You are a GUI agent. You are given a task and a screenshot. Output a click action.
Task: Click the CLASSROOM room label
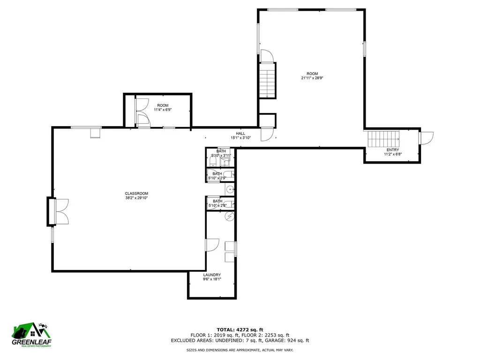click(136, 194)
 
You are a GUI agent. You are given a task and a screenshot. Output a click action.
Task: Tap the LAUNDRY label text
click(212, 275)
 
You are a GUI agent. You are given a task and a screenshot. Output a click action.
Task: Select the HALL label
click(240, 134)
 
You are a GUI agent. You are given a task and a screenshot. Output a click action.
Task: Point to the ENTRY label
click(392, 150)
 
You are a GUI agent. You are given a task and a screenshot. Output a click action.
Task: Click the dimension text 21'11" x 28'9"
click(312, 78)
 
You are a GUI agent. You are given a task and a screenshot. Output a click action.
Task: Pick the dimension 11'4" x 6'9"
click(163, 110)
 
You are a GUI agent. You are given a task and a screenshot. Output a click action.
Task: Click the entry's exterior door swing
click(426, 139)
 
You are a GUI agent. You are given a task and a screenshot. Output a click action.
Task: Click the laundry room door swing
click(212, 245)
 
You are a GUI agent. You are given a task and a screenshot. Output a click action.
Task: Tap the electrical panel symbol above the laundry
click(229, 216)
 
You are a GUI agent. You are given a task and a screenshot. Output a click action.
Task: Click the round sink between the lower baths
click(230, 189)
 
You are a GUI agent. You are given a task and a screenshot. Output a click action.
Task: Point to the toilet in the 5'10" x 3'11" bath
click(212, 162)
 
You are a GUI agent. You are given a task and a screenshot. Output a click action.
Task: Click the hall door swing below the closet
click(266, 135)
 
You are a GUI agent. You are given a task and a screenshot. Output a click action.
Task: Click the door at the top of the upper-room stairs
click(267, 56)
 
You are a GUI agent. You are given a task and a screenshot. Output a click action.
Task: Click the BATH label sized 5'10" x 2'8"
click(217, 201)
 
